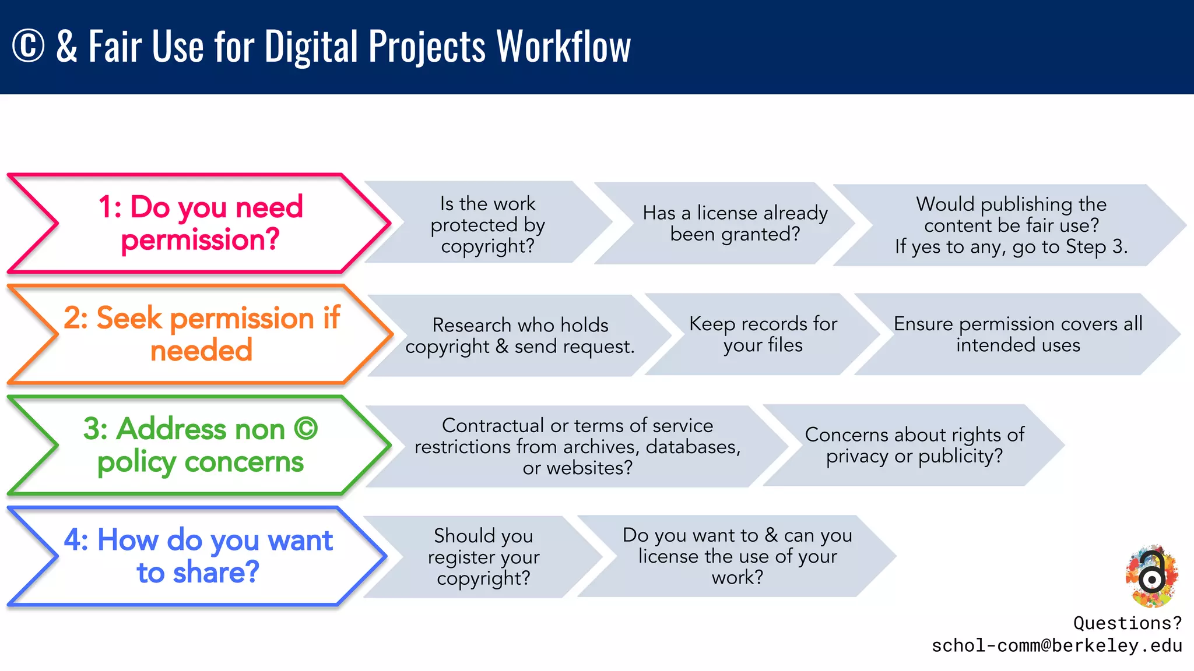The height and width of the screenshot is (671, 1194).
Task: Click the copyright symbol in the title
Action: click(x=28, y=47)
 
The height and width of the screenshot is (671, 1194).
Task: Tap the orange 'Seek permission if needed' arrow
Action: click(x=201, y=334)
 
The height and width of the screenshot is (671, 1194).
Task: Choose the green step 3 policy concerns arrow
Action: click(x=200, y=445)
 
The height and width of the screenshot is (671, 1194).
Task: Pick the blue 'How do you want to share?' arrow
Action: click(x=198, y=556)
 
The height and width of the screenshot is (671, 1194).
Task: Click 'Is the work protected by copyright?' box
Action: click(x=487, y=224)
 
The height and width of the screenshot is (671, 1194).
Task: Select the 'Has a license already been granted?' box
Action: click(x=735, y=223)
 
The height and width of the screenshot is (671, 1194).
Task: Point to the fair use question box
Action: click(x=1011, y=225)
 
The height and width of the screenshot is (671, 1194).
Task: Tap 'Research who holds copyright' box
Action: click(x=519, y=335)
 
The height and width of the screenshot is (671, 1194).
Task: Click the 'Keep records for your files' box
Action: click(x=763, y=334)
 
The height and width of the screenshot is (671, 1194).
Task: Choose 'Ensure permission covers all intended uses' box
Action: click(x=1017, y=334)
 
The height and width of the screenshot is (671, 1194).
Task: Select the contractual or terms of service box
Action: click(x=577, y=446)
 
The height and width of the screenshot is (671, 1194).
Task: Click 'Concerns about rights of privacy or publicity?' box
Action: click(x=914, y=445)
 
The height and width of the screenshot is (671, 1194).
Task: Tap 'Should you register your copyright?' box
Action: click(x=483, y=556)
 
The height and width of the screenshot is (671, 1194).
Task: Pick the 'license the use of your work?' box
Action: click(x=737, y=556)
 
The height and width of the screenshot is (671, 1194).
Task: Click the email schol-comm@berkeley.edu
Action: click(x=1056, y=645)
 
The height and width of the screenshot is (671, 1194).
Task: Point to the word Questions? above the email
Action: click(x=1127, y=623)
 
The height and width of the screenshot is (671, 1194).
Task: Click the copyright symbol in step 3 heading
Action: click(x=305, y=429)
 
